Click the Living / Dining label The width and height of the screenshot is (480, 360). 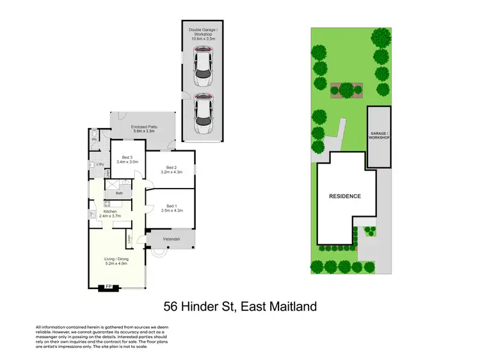pos(116,261)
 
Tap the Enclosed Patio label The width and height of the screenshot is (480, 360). pos(144,129)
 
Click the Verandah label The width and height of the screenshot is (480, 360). pos(170,239)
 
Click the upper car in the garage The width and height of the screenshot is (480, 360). pos(203,68)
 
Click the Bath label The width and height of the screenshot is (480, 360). pos(119,193)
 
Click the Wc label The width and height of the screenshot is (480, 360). pos(94,139)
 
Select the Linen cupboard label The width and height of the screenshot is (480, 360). pos(129,239)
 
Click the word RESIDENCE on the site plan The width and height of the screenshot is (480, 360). pos(345,196)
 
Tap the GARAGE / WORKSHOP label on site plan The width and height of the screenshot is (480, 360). pos(379,136)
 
